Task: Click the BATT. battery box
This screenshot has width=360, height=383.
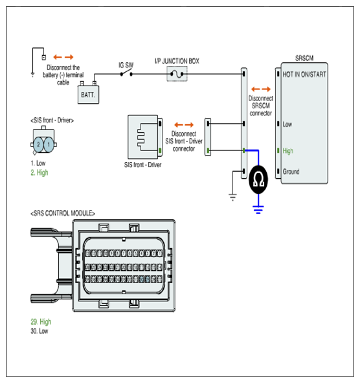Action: click(88, 95)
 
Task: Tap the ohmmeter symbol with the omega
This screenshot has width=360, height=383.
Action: click(258, 180)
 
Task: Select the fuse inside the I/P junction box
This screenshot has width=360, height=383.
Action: click(177, 74)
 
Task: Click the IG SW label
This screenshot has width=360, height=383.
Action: click(126, 65)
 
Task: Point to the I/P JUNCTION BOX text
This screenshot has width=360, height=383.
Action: click(177, 61)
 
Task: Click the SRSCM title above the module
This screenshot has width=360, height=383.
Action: click(304, 58)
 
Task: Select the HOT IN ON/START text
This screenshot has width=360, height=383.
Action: click(304, 75)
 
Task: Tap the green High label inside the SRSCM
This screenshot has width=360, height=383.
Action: click(287, 151)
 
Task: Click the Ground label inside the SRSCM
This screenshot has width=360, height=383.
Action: click(291, 172)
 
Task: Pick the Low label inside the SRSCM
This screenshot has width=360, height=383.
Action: click(287, 124)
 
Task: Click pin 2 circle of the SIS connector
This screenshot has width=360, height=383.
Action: click(38, 145)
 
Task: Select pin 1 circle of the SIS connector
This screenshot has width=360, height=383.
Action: click(49, 145)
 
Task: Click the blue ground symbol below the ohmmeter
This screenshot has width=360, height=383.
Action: click(258, 210)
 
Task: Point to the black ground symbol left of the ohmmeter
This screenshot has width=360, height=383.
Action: click(232, 197)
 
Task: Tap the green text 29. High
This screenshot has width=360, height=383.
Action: click(41, 321)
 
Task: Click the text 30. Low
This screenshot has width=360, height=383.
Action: click(39, 331)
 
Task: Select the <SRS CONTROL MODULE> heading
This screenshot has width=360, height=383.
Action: click(63, 213)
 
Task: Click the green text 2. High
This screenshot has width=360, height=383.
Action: click(39, 172)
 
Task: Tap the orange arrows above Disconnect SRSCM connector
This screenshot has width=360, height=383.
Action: click(261, 89)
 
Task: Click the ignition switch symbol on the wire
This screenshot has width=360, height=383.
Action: click(126, 73)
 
